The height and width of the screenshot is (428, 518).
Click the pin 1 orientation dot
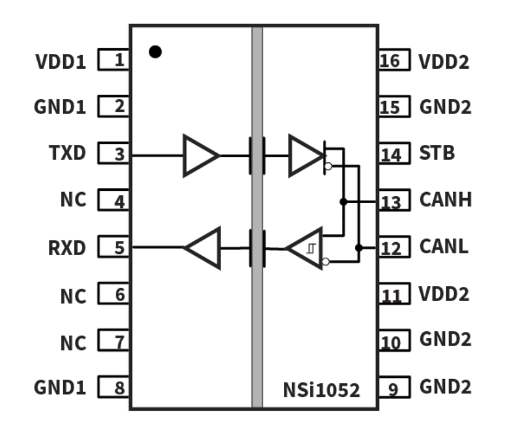coord(155,52)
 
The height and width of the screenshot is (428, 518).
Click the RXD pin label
coord(67,248)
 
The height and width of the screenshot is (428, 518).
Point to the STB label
coord(437,153)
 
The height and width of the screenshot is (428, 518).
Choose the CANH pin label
coord(445,200)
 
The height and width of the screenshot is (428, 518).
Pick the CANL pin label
coord(444,248)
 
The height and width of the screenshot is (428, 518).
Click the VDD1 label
coord(60,61)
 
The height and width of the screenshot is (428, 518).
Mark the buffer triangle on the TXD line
coord(200,155)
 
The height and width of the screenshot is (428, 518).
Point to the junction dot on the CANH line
coord(343,201)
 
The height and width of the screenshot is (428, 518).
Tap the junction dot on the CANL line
coord(358,248)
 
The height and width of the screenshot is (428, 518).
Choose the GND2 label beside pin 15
coord(445,107)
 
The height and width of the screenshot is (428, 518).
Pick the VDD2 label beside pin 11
coord(444,294)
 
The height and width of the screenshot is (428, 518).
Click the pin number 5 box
coord(114,248)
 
